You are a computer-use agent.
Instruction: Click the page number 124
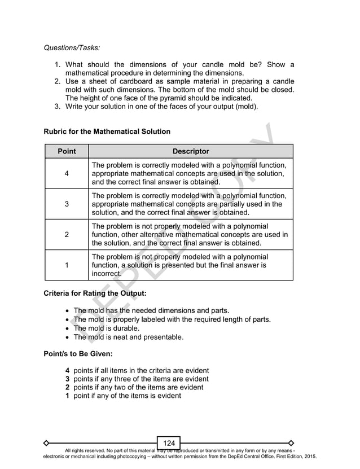tap(169, 443)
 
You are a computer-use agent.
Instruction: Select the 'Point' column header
tap(67, 151)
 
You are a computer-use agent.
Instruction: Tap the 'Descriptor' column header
tap(191, 151)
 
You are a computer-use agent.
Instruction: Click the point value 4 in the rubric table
tap(67, 174)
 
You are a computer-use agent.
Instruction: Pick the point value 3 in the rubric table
tap(67, 204)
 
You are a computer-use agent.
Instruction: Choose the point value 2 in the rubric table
tap(67, 235)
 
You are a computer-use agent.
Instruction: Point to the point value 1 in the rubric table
tap(67, 265)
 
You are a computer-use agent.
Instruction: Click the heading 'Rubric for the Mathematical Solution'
tap(107, 132)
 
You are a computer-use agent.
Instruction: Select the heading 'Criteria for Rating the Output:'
tap(96, 293)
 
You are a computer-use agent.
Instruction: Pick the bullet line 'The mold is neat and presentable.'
tap(128, 337)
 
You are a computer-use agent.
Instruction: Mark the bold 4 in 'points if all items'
tap(67, 370)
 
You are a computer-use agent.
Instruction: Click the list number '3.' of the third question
tap(58, 106)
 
